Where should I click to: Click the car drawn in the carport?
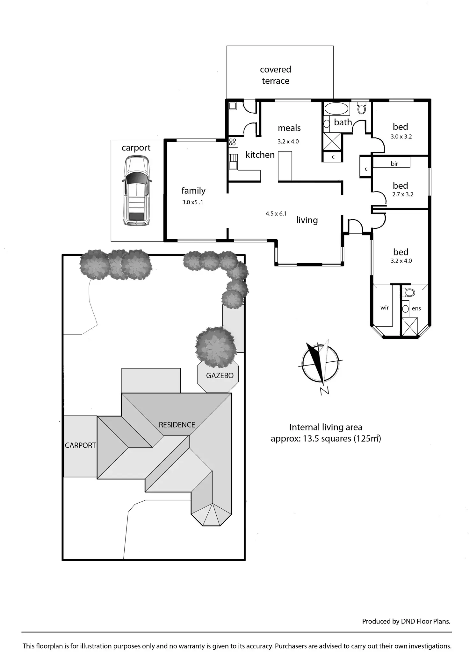pyautogui.click(x=136, y=191)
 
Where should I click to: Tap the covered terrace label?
pyautogui.click(x=276, y=75)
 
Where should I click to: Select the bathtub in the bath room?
pyautogui.click(x=336, y=109)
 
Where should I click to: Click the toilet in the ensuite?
pyautogui.click(x=409, y=292)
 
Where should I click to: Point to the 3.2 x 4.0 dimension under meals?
pyautogui.click(x=288, y=142)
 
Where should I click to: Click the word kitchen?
pyautogui.click(x=260, y=155)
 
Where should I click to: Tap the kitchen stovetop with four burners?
pyautogui.click(x=233, y=142)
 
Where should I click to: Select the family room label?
pyautogui.click(x=193, y=191)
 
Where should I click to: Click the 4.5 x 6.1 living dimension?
pyautogui.click(x=276, y=214)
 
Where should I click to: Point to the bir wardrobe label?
pyautogui.click(x=394, y=164)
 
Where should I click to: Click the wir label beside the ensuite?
pyautogui.click(x=385, y=308)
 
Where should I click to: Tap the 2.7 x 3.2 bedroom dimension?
pyautogui.click(x=403, y=194)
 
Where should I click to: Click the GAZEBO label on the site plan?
pyautogui.click(x=220, y=376)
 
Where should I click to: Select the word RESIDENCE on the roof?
pyautogui.click(x=177, y=425)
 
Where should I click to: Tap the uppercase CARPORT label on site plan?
pyautogui.click(x=80, y=445)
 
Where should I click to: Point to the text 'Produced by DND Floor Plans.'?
pyautogui.click(x=406, y=621)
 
